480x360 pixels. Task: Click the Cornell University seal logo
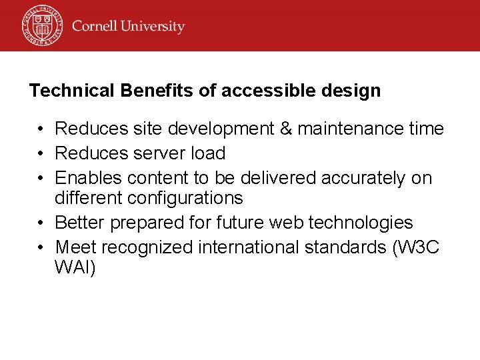(x=41, y=25)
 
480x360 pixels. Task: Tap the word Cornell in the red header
(x=95, y=27)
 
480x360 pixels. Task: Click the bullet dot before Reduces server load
(x=41, y=153)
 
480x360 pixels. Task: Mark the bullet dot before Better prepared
(x=41, y=223)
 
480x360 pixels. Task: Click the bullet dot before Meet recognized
(x=41, y=247)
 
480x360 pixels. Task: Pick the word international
(x=249, y=247)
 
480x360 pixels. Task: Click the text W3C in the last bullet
(x=417, y=247)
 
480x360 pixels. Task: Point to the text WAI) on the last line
(x=75, y=268)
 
